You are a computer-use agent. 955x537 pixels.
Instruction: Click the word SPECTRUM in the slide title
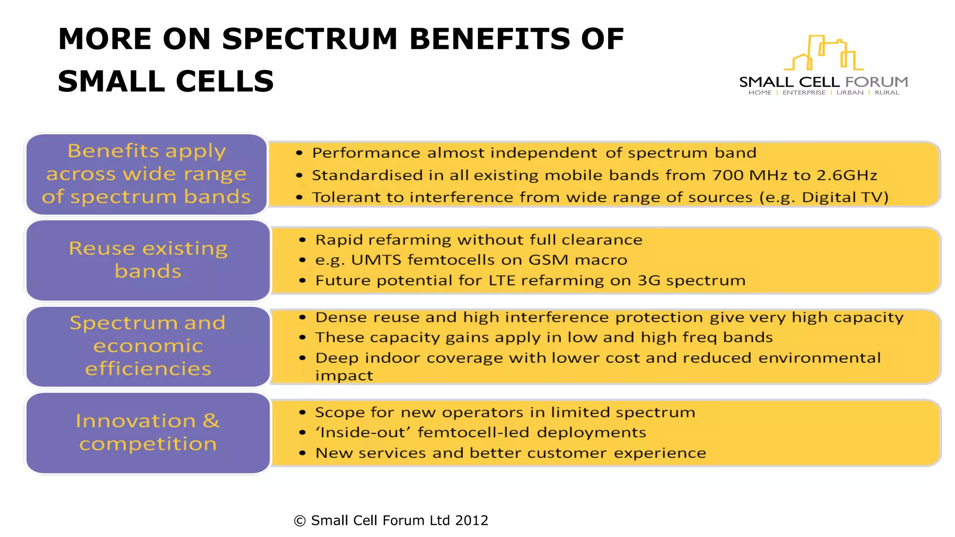(x=310, y=39)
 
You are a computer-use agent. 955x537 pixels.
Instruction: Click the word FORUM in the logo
(x=877, y=82)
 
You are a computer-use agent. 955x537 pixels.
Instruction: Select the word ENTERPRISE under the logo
(x=804, y=93)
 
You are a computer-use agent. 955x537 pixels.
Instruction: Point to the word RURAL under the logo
(x=887, y=93)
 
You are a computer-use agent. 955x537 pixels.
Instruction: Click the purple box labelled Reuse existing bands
(x=148, y=260)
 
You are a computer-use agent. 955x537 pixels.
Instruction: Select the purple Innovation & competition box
(x=148, y=433)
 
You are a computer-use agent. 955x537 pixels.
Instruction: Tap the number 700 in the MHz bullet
(x=728, y=175)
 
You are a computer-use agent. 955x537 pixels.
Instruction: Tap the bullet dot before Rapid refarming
(x=303, y=240)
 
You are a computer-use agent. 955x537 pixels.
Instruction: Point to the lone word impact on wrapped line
(x=344, y=376)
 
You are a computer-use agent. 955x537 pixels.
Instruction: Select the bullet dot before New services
(x=303, y=453)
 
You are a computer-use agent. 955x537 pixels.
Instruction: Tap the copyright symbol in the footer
(x=300, y=521)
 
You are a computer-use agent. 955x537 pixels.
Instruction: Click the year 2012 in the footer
(x=471, y=520)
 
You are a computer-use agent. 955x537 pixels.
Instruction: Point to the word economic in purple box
(x=148, y=346)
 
